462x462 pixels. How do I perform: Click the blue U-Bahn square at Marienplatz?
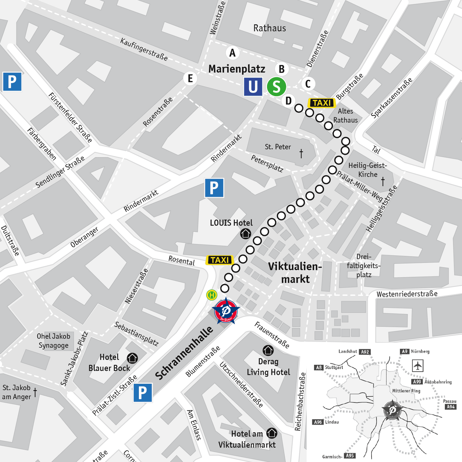(x=253, y=87)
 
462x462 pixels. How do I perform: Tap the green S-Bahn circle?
(x=276, y=87)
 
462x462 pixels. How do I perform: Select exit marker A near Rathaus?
(x=233, y=53)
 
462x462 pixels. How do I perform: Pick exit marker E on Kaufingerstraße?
(x=190, y=78)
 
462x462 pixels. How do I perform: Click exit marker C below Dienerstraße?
(x=308, y=84)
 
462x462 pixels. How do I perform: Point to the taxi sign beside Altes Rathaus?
(x=322, y=103)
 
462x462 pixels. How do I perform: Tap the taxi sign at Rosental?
(x=220, y=260)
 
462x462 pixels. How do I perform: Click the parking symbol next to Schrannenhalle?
(x=142, y=393)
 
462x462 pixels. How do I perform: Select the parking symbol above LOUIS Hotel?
(x=214, y=188)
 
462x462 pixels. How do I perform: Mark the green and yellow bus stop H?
(x=212, y=295)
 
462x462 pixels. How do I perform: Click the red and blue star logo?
(x=226, y=311)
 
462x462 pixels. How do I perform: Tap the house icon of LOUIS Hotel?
(x=246, y=234)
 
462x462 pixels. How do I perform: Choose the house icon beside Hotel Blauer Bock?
(x=132, y=358)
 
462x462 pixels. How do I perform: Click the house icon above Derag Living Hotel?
(x=268, y=350)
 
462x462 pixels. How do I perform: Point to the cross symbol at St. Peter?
(x=301, y=153)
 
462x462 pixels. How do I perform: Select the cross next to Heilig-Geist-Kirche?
(x=383, y=181)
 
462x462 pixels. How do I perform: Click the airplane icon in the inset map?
(x=418, y=366)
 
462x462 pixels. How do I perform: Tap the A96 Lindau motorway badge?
(x=318, y=422)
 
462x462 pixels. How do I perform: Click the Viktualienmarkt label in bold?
(x=295, y=273)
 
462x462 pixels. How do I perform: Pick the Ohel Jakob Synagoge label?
(x=53, y=341)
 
